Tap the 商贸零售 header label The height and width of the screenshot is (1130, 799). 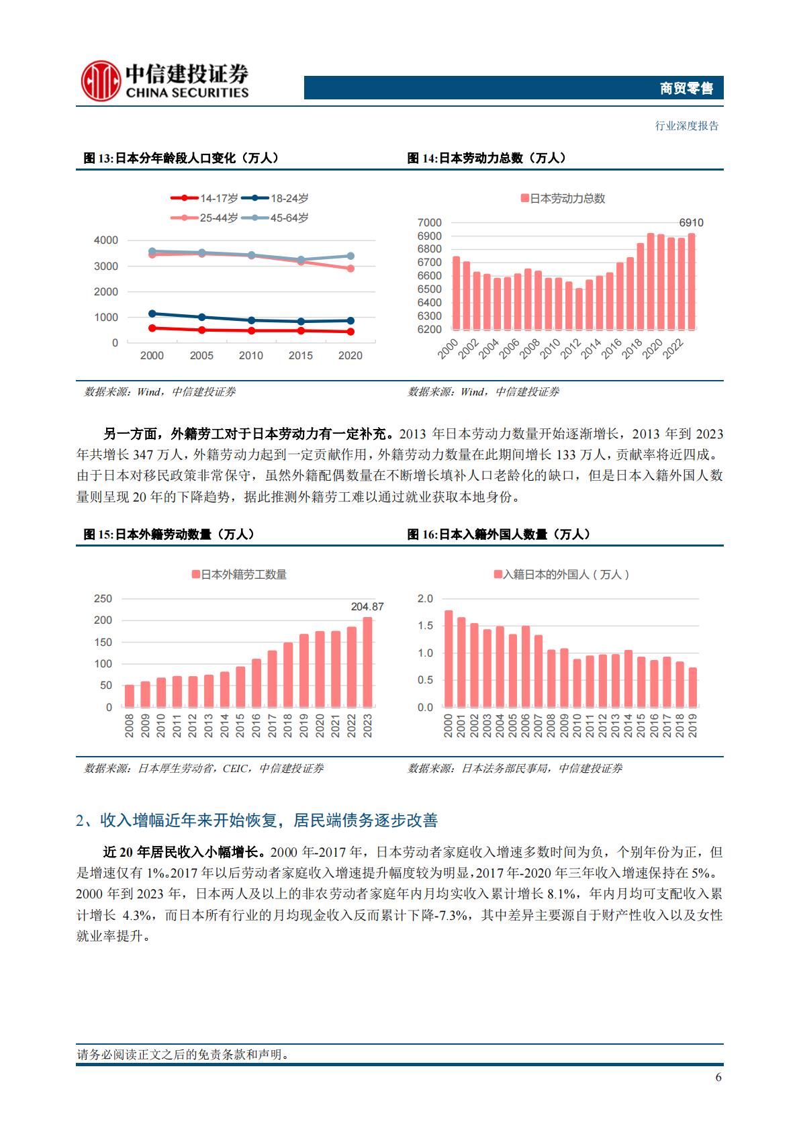[x=686, y=88]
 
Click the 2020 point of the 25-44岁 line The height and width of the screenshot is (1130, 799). [x=350, y=269]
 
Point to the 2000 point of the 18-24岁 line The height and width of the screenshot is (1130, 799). [x=152, y=314]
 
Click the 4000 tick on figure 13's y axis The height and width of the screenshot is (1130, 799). [x=106, y=240]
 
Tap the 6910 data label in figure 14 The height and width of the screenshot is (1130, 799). [x=691, y=223]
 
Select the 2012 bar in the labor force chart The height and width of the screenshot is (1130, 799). [x=579, y=309]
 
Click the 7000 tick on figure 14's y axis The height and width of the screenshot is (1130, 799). [x=430, y=222]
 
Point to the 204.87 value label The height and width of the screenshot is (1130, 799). [x=367, y=607]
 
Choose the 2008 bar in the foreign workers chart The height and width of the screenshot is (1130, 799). [x=130, y=696]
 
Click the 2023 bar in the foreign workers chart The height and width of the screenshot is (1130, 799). [x=367, y=662]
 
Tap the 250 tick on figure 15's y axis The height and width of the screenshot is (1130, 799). [x=103, y=599]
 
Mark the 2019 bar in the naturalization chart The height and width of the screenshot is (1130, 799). [x=693, y=687]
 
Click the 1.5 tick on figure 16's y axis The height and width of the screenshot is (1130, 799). [x=426, y=626]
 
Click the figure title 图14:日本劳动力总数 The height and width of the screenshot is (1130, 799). [x=486, y=158]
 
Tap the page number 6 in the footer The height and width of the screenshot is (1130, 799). [x=718, y=1078]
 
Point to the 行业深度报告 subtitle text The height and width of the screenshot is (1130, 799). [x=686, y=126]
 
